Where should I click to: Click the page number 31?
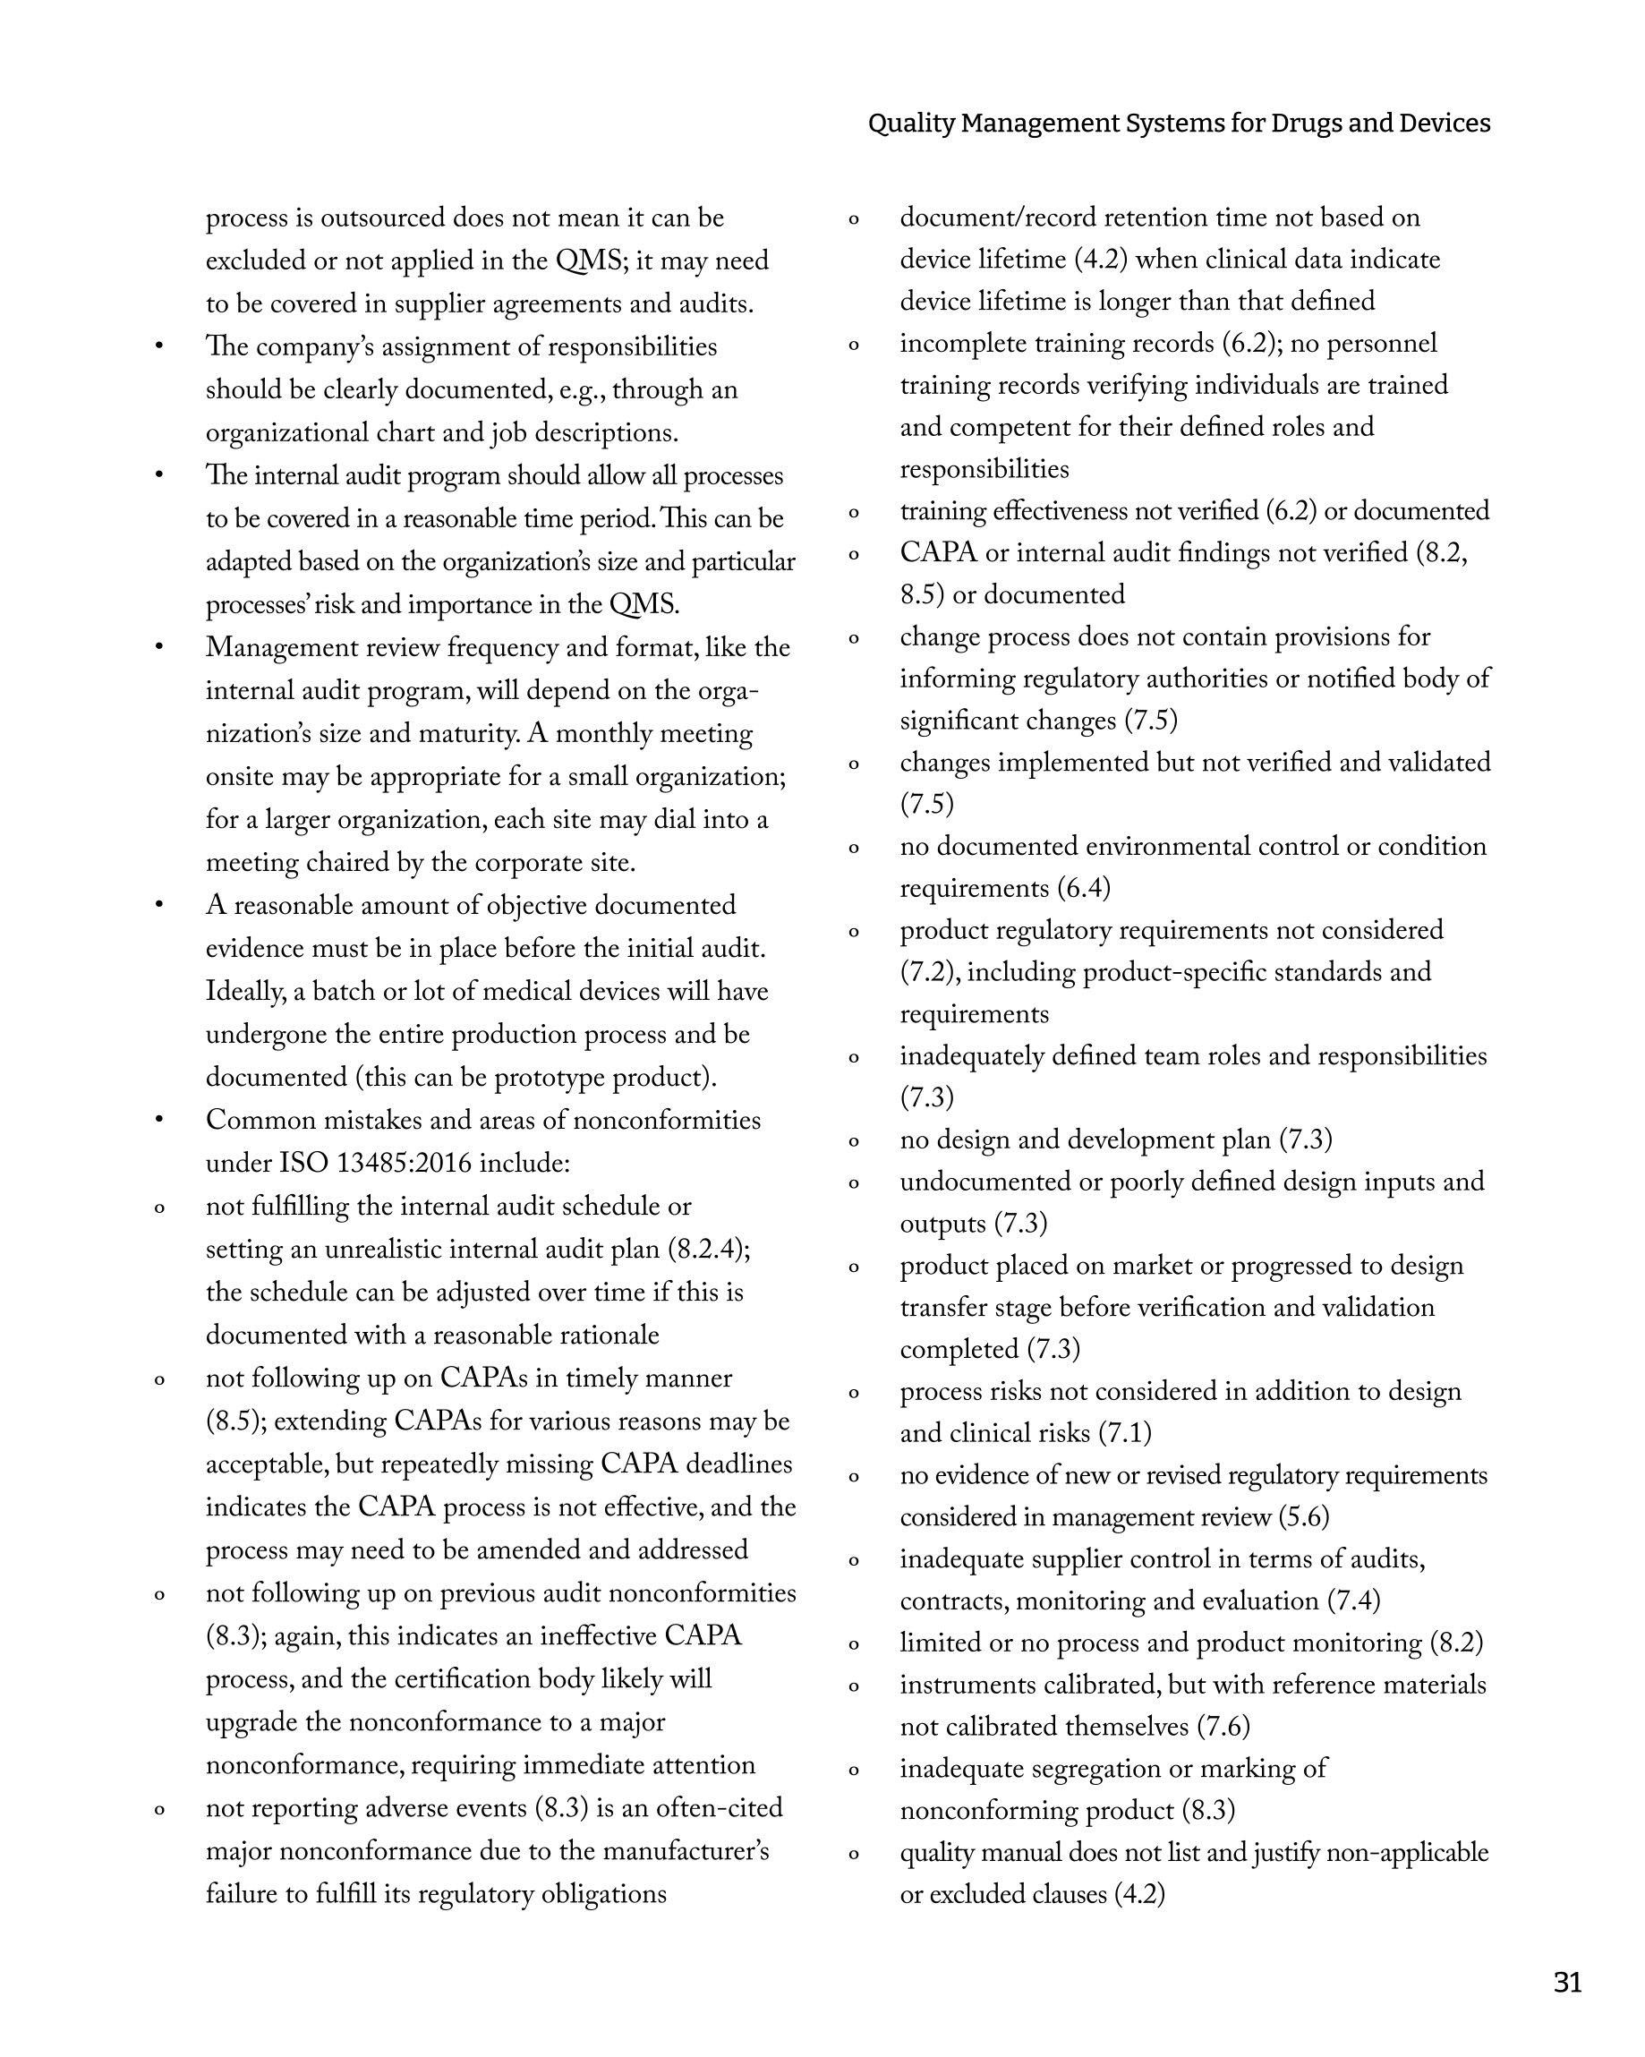[1567, 1983]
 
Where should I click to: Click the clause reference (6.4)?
[1084, 888]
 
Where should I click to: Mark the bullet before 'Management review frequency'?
[159, 648]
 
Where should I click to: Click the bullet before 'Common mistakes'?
[159, 1120]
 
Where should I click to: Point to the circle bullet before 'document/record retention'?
[853, 219]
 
